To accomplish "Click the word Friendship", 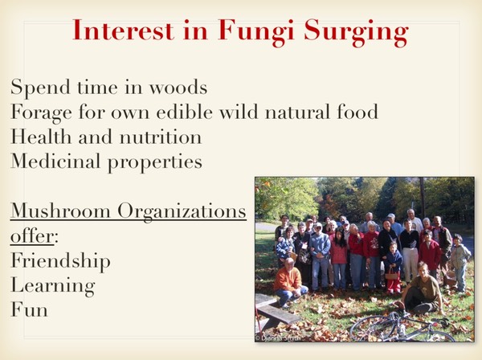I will coord(60,261).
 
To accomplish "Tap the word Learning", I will coord(52,285).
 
